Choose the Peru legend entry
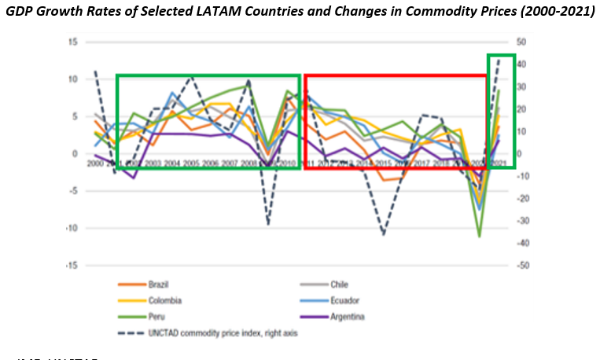(x=156, y=317)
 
